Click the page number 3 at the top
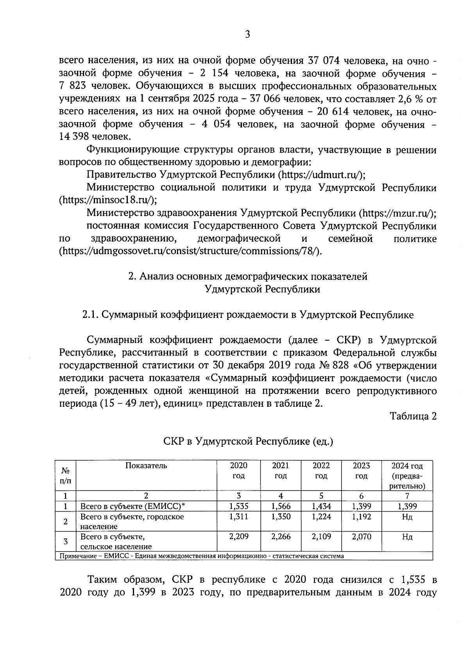247,34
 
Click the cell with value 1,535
239,506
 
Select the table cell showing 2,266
281,536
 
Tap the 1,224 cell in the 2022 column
321,516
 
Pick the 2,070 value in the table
362,536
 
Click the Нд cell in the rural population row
407,536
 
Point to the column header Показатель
146,465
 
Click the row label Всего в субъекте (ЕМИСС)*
132,506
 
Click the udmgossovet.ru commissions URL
190,251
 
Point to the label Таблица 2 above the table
414,416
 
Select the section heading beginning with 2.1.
248,315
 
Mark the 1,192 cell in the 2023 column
362,516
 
